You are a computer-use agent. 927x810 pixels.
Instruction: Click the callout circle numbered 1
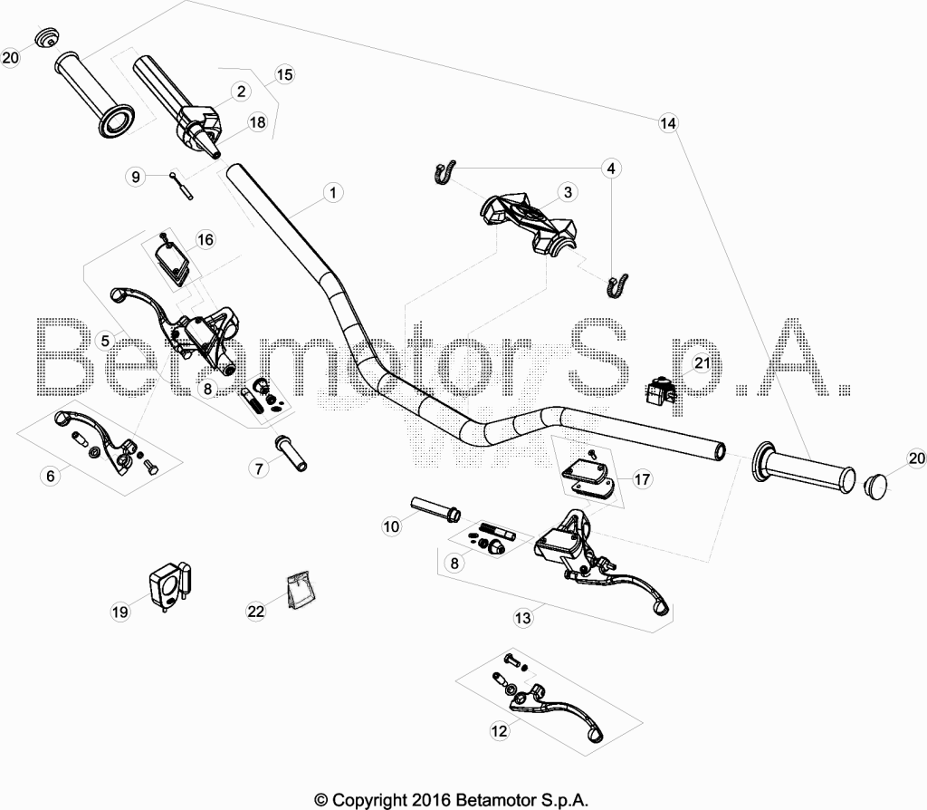(x=333, y=193)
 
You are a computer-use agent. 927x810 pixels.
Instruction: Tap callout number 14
(x=667, y=123)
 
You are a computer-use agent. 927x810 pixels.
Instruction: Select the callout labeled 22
(x=255, y=612)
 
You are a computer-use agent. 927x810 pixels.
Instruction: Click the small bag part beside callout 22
(x=301, y=589)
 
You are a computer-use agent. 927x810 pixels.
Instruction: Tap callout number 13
(x=522, y=618)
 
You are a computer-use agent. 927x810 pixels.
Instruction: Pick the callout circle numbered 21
(x=702, y=362)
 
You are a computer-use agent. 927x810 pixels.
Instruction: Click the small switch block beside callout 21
(x=659, y=391)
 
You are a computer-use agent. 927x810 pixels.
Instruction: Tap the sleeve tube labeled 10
(x=435, y=509)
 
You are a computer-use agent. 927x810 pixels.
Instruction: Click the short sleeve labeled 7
(x=290, y=453)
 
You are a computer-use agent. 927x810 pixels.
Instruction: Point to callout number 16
(x=205, y=239)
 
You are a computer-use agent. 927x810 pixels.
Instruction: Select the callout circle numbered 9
(x=136, y=177)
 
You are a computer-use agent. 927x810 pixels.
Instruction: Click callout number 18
(x=258, y=122)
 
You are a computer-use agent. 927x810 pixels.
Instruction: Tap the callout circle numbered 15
(x=284, y=74)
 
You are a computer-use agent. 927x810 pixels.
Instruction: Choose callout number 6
(x=51, y=476)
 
